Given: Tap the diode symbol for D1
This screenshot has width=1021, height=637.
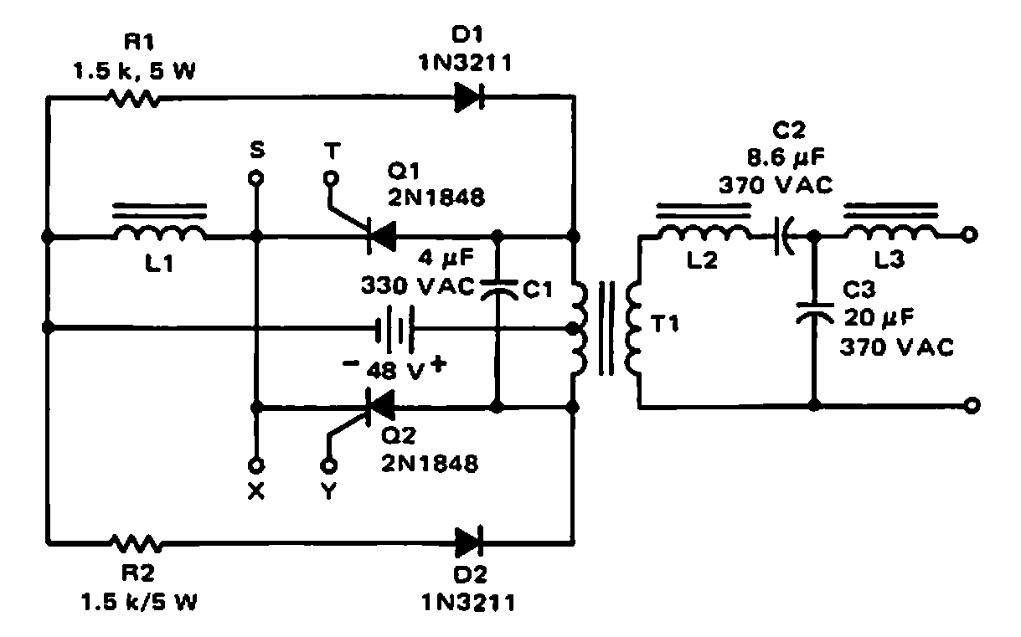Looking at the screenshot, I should pyautogui.click(x=469, y=99).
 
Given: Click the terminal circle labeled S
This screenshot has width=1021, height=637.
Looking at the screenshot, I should pyautogui.click(x=257, y=178).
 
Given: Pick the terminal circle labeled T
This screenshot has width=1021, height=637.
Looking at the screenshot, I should pyautogui.click(x=330, y=178).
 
